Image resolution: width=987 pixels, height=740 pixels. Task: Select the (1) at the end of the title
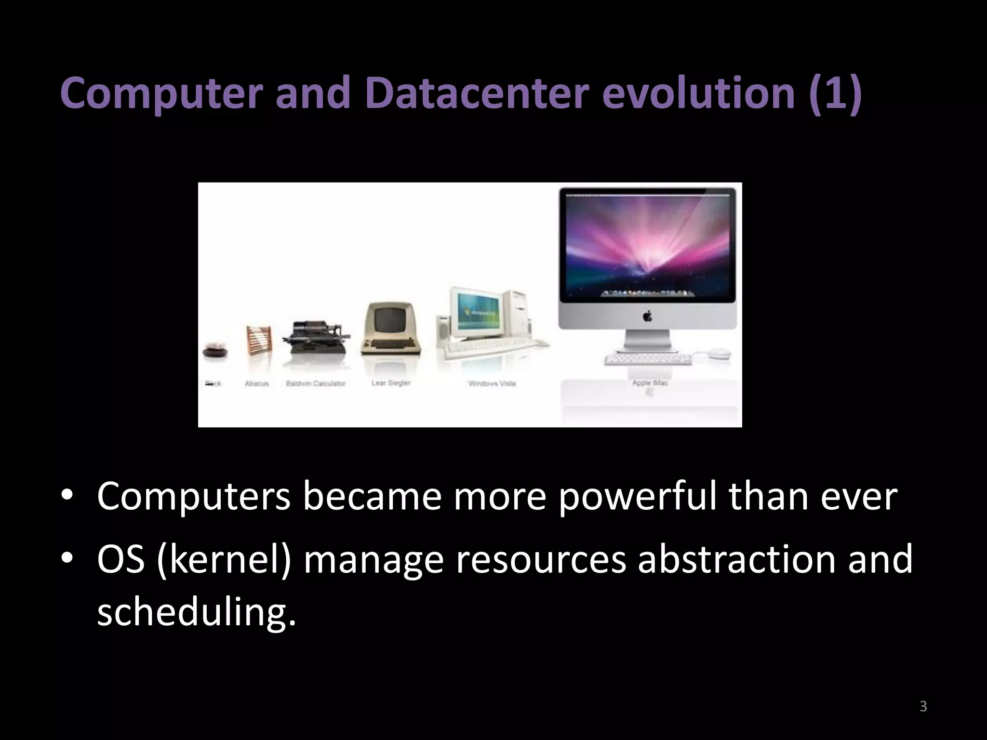(836, 93)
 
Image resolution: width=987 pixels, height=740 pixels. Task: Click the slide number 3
(923, 706)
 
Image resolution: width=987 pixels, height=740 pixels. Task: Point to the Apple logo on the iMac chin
(647, 317)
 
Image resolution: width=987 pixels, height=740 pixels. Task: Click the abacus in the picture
(259, 340)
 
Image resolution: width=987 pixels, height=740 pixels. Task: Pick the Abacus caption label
(256, 383)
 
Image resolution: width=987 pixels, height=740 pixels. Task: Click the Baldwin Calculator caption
(316, 383)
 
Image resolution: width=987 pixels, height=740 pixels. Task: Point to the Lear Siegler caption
(391, 383)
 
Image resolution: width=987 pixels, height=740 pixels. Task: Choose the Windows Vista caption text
(492, 383)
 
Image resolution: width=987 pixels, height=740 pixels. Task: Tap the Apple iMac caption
(650, 383)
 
